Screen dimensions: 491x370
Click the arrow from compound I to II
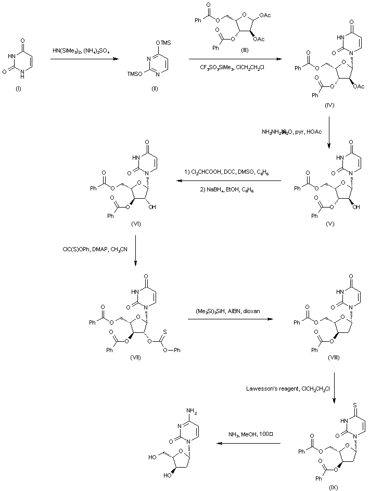coord(83,59)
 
